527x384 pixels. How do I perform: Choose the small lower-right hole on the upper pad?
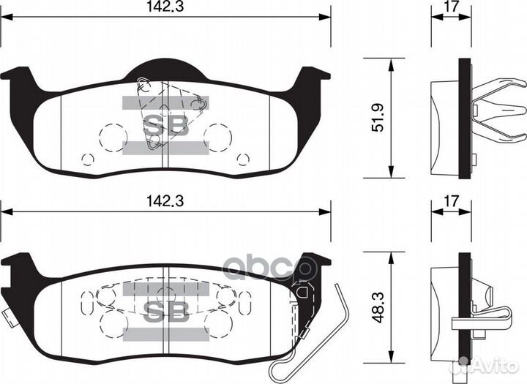tap(243, 159)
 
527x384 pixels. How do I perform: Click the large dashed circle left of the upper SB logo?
tap(112, 135)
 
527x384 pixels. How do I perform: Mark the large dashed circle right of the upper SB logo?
tap(218, 135)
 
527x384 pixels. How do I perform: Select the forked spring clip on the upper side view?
tap(501, 117)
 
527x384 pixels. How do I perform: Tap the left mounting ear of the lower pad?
tap(19, 265)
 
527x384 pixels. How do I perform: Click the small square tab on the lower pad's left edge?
tap(6, 317)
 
